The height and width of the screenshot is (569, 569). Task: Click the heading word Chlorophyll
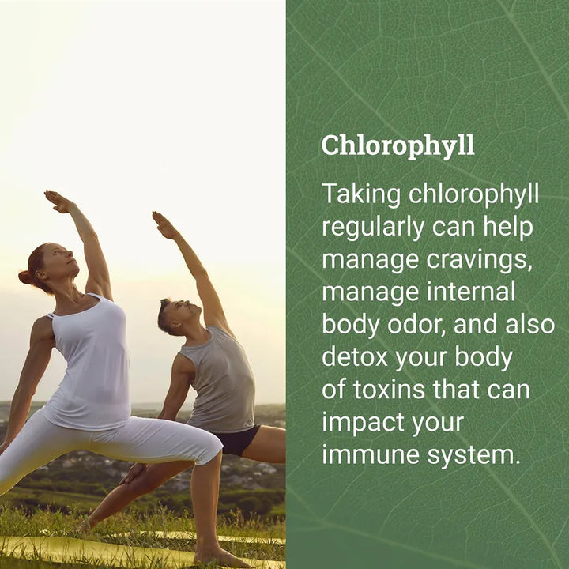[x=398, y=146]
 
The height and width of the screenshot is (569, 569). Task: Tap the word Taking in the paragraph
[x=361, y=195]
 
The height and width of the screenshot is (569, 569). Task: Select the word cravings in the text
[x=479, y=261]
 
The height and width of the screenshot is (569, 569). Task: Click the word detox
[x=355, y=357]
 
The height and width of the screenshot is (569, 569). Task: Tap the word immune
[x=371, y=455]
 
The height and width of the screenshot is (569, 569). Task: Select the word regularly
[x=373, y=228]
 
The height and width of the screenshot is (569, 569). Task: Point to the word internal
[x=471, y=292]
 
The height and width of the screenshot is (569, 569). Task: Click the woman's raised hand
[x=58, y=202]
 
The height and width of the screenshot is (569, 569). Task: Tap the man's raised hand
[x=164, y=225]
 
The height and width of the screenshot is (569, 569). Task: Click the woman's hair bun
[x=24, y=277]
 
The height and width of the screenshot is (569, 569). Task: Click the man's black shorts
[x=238, y=440]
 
